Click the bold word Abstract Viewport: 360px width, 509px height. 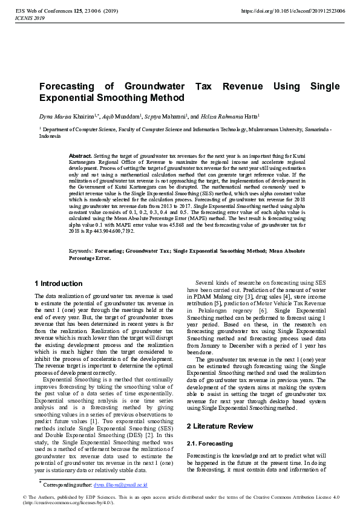click(80, 156)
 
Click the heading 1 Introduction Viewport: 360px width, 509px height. click(59, 284)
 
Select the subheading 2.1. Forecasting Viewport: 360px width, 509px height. click(208, 443)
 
